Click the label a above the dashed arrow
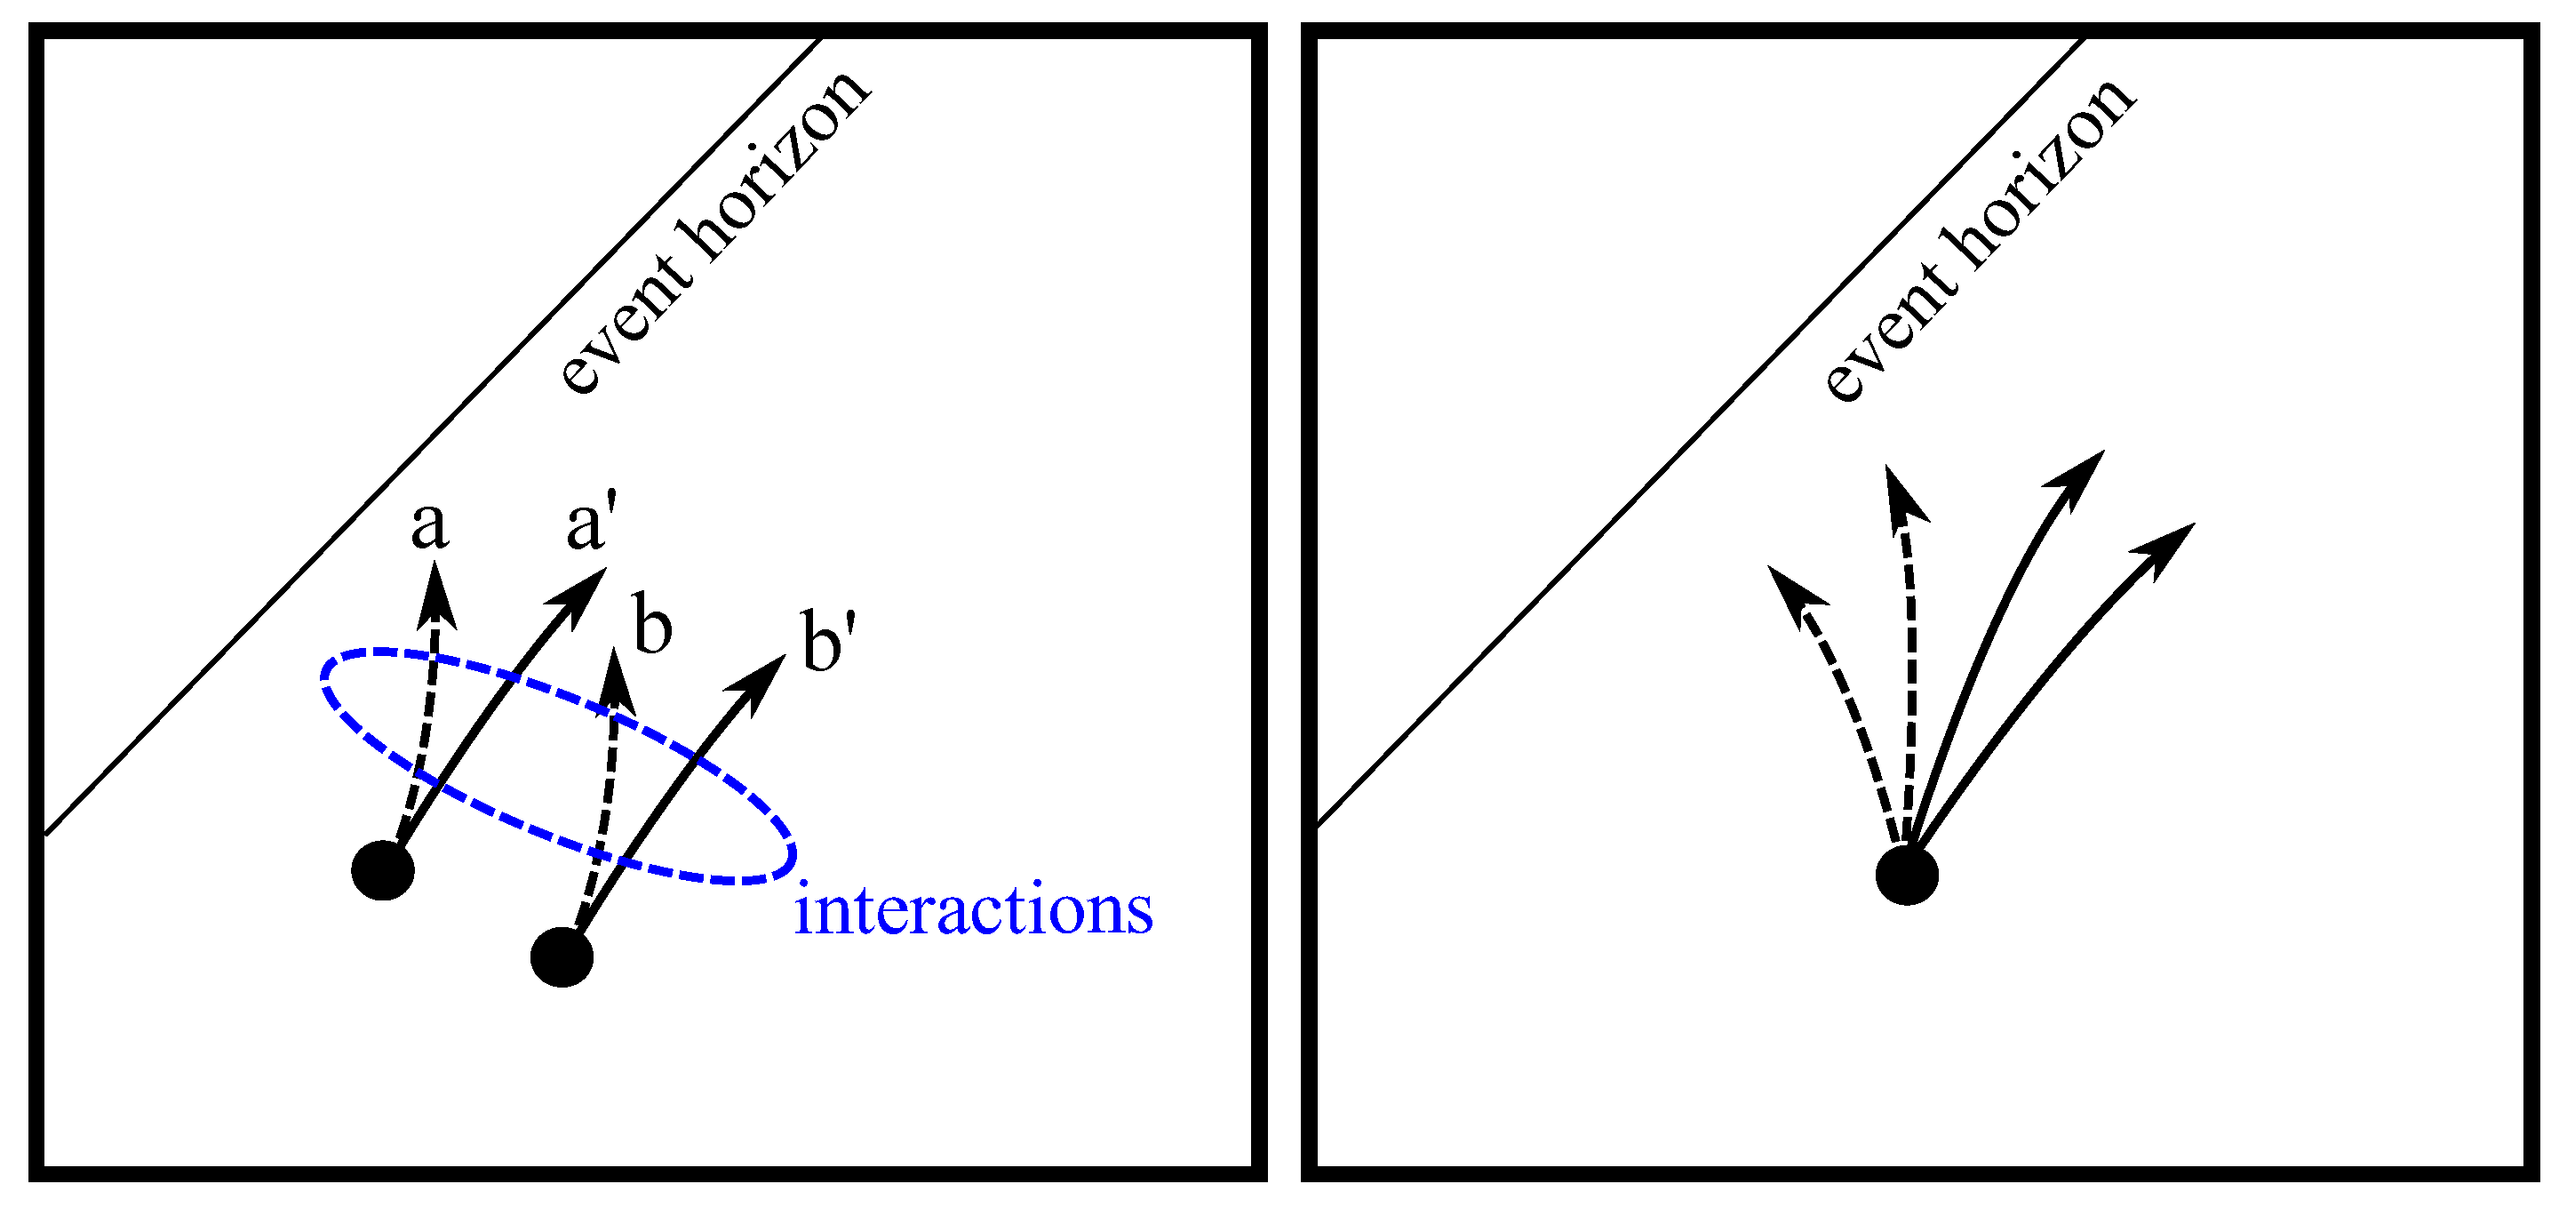tap(429, 526)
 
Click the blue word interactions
tap(973, 910)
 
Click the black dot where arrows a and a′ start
tap(383, 870)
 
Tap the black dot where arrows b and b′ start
tap(562, 956)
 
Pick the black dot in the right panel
tap(1906, 875)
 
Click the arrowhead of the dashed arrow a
tap(435, 596)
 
